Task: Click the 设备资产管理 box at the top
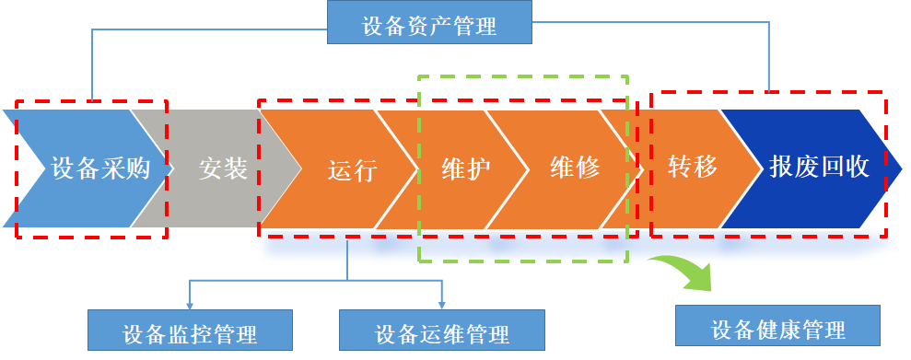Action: coord(429,25)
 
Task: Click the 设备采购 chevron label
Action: coord(100,168)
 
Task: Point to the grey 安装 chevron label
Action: coord(223,168)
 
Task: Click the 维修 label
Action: coord(575,168)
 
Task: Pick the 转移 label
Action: coord(692,168)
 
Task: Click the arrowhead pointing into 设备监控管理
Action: coord(189,305)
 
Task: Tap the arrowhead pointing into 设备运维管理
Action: coord(441,305)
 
